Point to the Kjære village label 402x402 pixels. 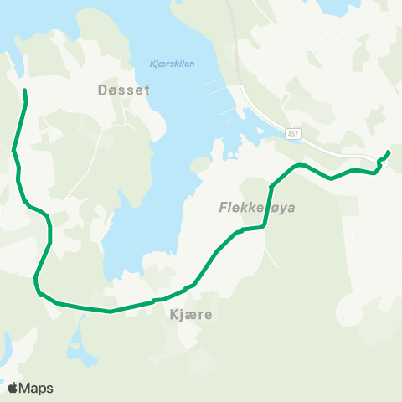pos(191,315)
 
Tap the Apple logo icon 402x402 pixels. pos(13,388)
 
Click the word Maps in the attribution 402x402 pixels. pos(36,388)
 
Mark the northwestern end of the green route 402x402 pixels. pos(24,90)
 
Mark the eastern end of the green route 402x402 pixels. pos(389,152)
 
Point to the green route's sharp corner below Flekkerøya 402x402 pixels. pos(265,226)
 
